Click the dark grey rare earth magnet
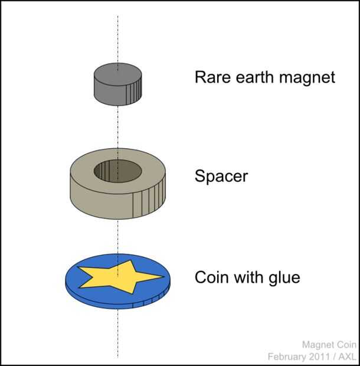tap(118, 84)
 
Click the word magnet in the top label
tap(309, 78)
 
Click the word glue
tap(283, 277)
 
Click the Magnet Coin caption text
tap(329, 345)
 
